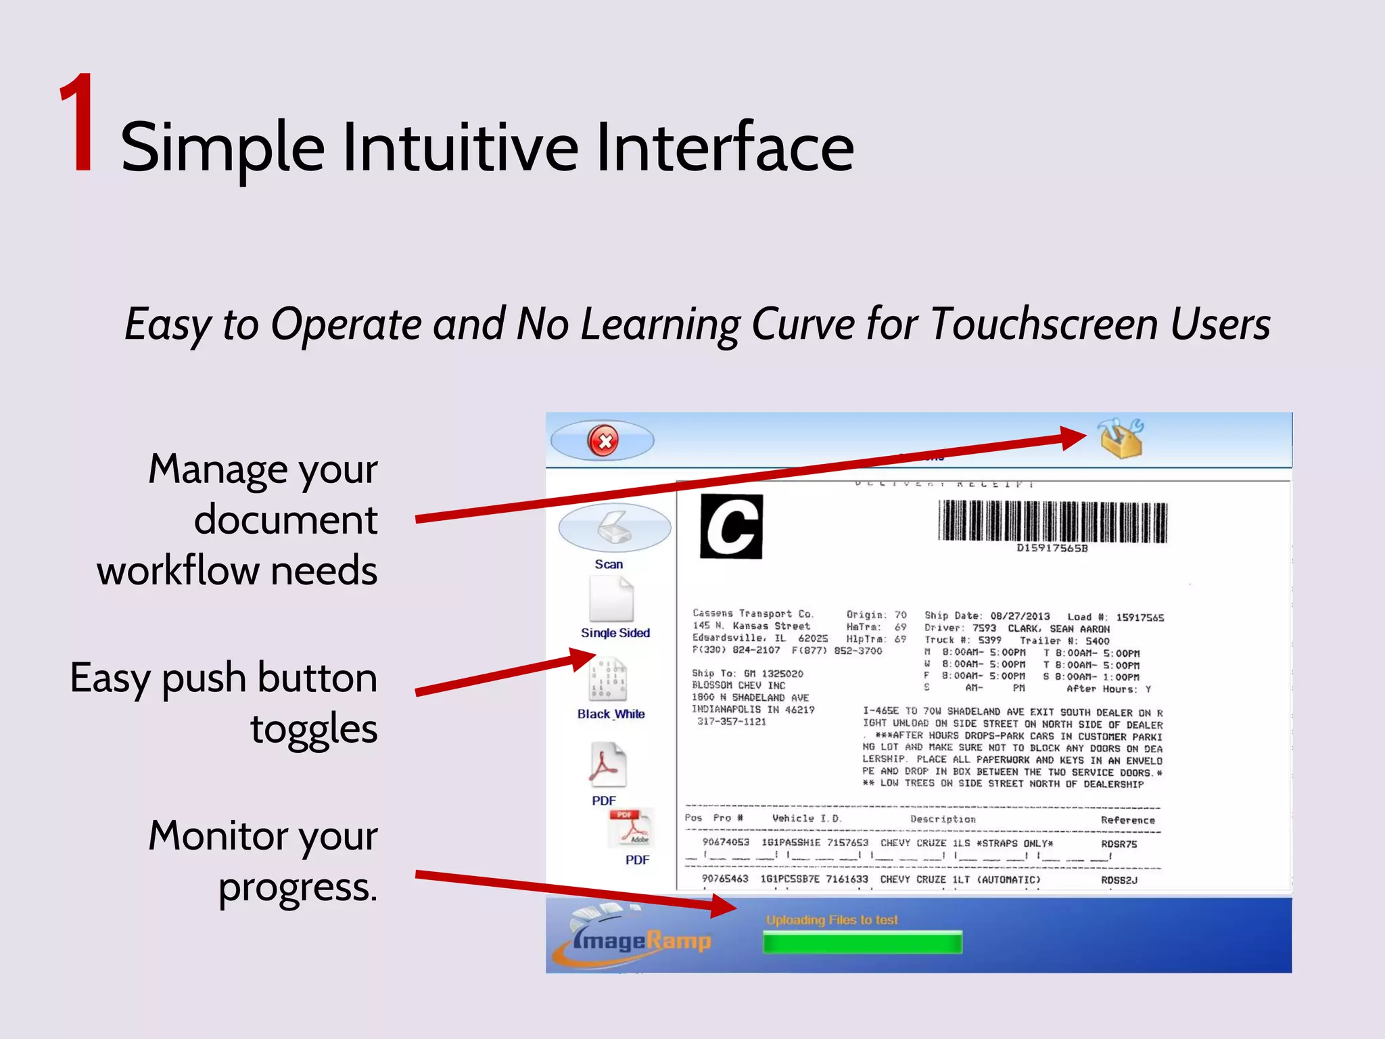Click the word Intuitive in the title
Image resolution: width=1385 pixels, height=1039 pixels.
coord(460,147)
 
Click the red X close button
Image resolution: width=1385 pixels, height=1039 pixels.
coord(603,441)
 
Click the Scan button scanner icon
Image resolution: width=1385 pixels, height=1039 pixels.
coord(614,527)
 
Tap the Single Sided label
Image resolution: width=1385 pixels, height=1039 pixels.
coord(615,633)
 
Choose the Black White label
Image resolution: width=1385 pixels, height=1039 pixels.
coord(611,714)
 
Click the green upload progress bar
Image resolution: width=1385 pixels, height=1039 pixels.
coord(862,942)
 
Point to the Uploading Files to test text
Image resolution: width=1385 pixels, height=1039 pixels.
coord(832,920)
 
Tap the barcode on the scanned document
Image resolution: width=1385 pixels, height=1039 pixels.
coord(1052,521)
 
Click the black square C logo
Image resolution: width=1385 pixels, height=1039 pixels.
coord(731,526)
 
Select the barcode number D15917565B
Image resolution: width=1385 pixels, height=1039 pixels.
coord(1052,549)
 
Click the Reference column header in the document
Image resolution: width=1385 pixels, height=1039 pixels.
coord(1127,820)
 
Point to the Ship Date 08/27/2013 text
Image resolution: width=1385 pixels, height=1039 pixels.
coord(987,616)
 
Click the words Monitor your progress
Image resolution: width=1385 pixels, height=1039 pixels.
coord(264,860)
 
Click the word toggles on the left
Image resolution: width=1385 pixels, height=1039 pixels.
coord(314,729)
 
